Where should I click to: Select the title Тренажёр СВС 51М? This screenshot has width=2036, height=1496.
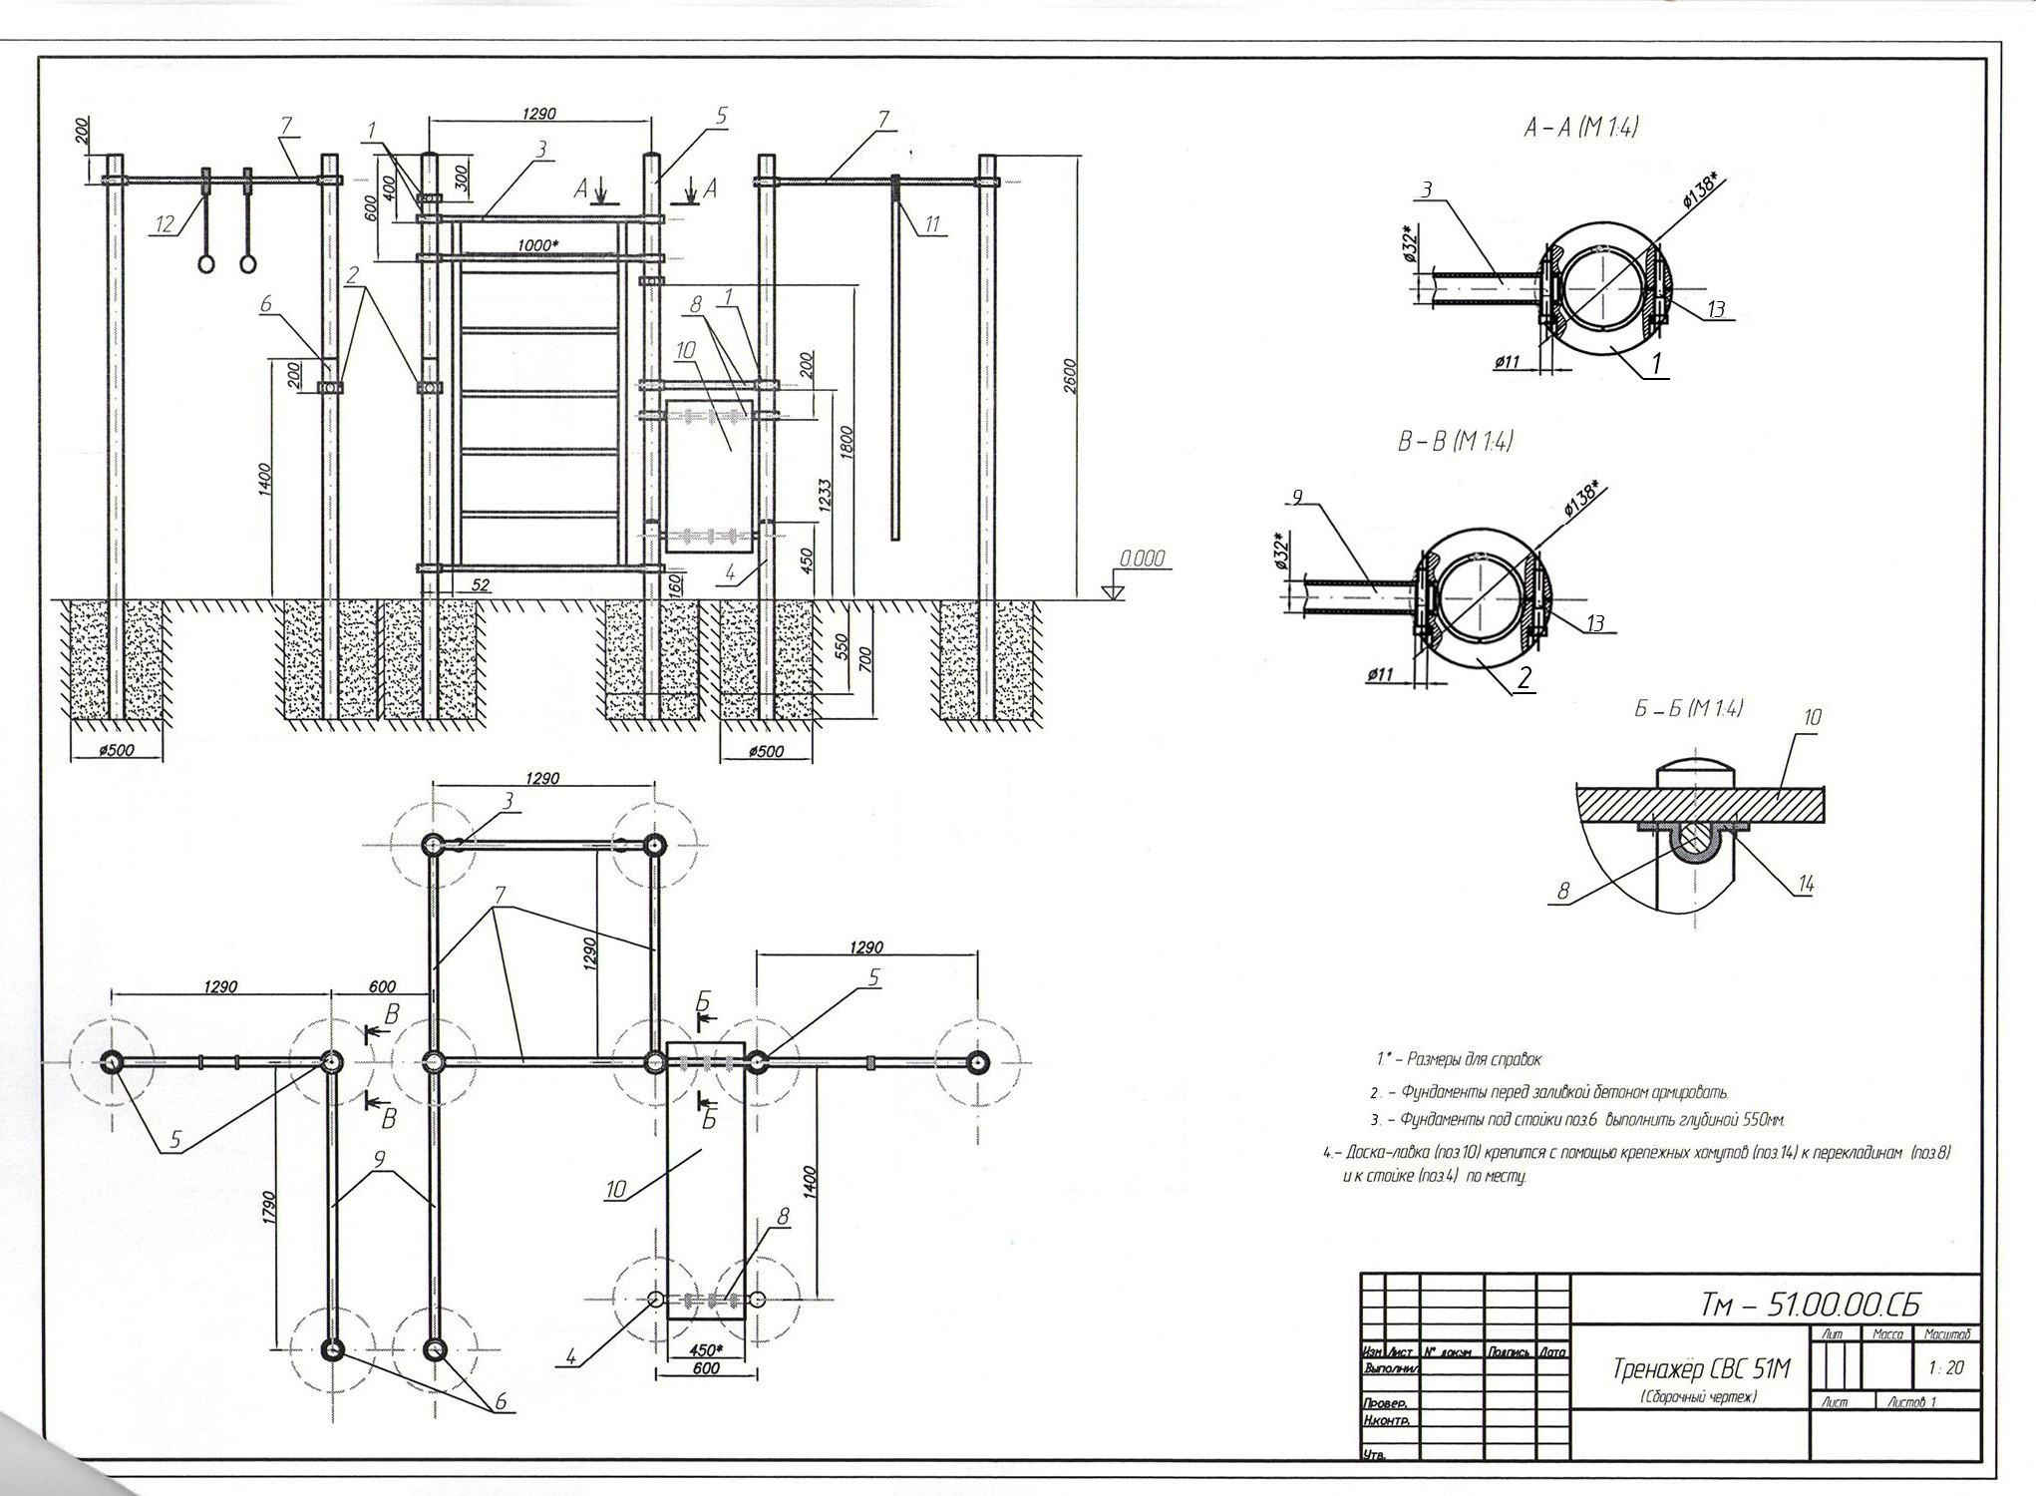(1701, 1369)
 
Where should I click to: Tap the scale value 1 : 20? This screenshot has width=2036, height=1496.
(1945, 1367)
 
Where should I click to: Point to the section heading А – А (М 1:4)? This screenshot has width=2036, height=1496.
(1580, 128)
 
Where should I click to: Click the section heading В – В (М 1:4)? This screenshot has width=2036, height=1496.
(1454, 441)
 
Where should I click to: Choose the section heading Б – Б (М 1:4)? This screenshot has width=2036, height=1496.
(1687, 709)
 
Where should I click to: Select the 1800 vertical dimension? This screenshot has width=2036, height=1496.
(847, 442)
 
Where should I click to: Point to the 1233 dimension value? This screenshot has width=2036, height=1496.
(826, 495)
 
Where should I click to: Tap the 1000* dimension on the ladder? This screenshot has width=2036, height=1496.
(536, 244)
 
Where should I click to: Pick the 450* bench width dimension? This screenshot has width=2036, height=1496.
(705, 1350)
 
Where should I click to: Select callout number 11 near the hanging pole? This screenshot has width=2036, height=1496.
(932, 225)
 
